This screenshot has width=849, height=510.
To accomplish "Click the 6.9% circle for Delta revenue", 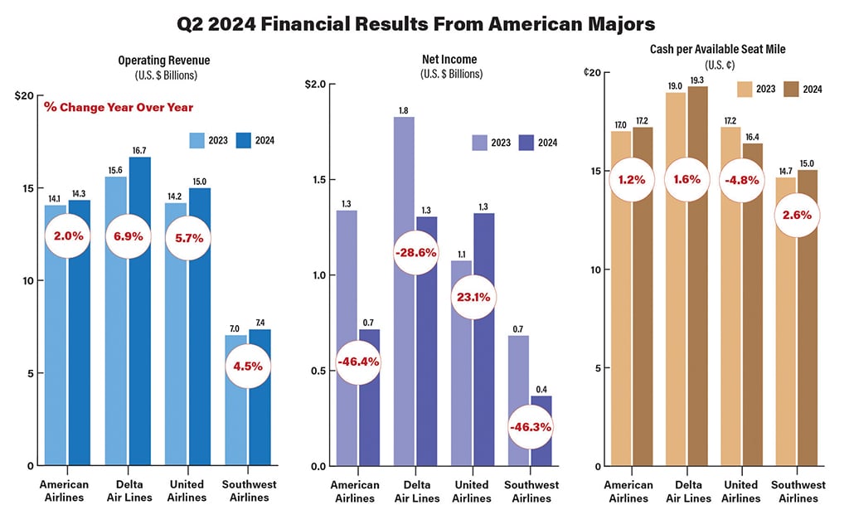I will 128,236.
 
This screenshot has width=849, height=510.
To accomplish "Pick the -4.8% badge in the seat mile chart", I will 743,179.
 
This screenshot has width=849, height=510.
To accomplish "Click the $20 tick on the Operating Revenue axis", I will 24,95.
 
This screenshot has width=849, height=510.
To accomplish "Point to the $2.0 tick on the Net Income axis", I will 316,85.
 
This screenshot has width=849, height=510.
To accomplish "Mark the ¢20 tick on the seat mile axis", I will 590,72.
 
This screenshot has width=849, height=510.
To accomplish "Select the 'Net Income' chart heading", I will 423,60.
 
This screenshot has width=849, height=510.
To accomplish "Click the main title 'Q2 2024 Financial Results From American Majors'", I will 424,24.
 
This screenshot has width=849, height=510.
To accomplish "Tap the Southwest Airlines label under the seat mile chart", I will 799,491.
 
